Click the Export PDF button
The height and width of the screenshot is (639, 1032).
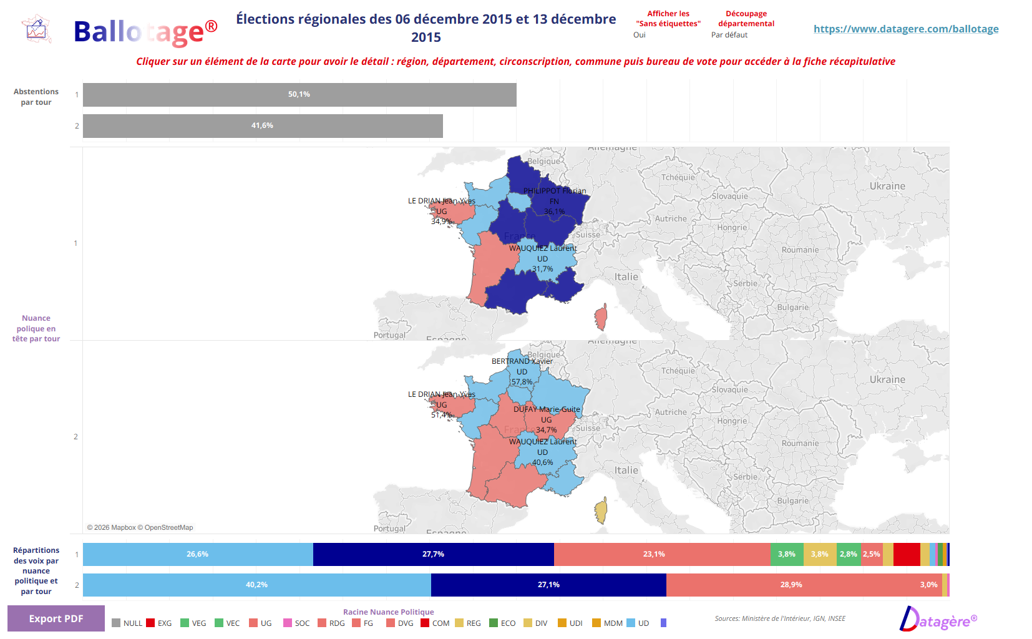(x=56, y=618)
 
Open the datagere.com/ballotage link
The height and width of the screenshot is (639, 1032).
(x=906, y=29)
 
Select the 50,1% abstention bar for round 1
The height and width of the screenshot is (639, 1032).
(x=299, y=95)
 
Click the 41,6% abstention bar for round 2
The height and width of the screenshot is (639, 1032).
(x=263, y=126)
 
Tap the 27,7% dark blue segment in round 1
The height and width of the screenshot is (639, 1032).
(x=433, y=554)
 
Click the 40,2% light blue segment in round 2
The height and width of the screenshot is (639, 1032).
(x=256, y=585)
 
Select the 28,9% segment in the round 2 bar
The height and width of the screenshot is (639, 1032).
(x=791, y=585)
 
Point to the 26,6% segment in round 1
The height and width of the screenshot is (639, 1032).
(x=197, y=554)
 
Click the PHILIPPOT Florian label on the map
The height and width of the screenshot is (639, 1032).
(x=555, y=191)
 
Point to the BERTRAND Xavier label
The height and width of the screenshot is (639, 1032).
(x=522, y=361)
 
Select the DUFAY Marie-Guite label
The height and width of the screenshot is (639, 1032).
(x=547, y=409)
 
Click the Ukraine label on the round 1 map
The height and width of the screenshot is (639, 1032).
(x=887, y=186)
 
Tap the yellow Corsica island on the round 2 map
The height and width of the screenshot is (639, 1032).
(x=601, y=511)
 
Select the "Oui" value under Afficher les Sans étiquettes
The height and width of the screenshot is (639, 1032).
(x=640, y=35)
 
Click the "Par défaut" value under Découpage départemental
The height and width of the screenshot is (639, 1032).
(x=729, y=35)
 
